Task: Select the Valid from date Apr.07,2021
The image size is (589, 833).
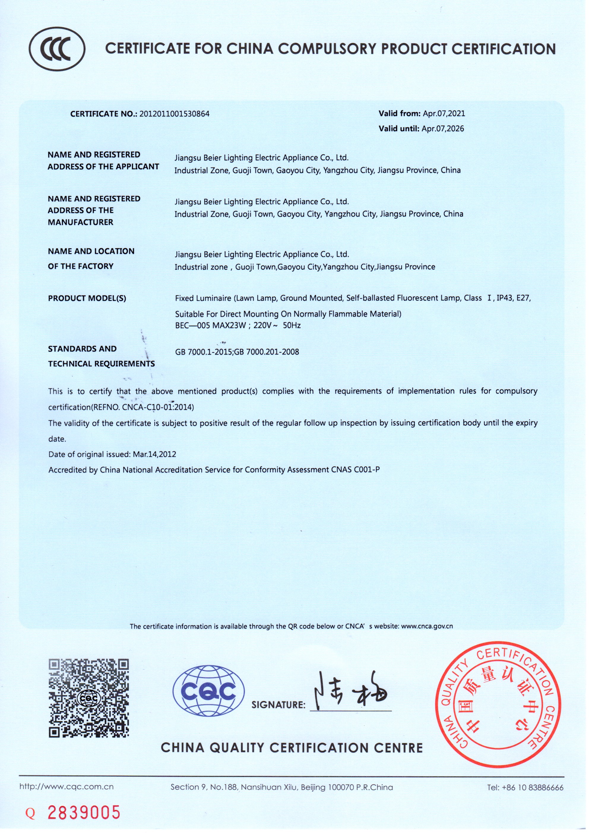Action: coord(444,113)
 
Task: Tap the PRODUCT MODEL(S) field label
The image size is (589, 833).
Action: coord(87,298)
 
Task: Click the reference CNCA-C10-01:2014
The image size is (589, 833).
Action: coord(158,407)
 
